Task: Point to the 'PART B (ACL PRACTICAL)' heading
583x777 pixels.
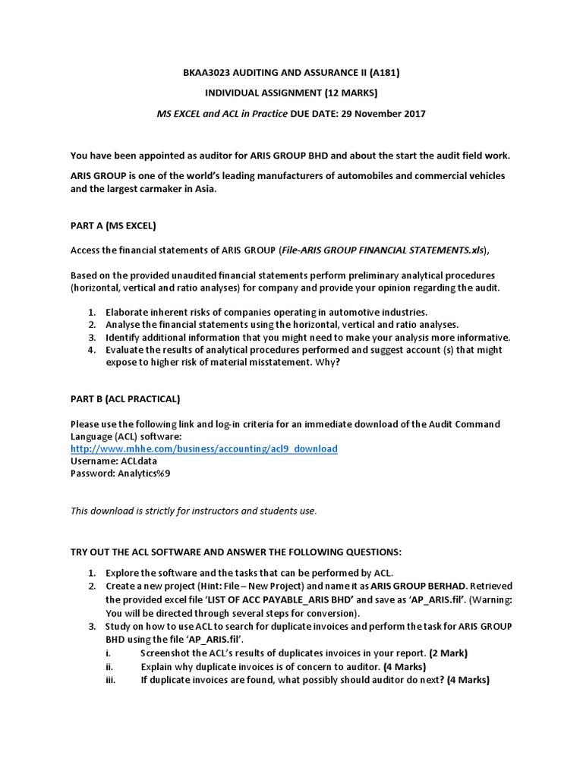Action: coord(125,398)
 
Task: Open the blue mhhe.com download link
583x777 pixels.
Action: coord(203,448)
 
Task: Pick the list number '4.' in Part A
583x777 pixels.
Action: coord(91,350)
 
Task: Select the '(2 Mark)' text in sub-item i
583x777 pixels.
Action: coord(448,653)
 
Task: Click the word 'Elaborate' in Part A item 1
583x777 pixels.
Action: coord(128,312)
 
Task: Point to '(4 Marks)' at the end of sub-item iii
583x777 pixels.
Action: coord(468,680)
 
